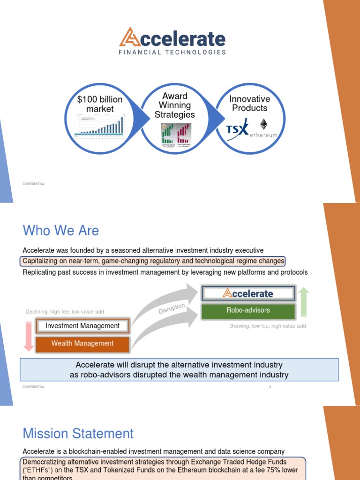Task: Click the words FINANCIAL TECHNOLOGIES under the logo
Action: point(172,52)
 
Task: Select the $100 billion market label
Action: point(100,104)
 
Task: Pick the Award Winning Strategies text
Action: point(175,105)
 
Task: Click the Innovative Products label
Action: point(250,103)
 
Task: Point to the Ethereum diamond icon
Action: point(263,125)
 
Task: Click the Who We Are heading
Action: point(61,231)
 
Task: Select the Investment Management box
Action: point(82,326)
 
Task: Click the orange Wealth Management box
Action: point(82,344)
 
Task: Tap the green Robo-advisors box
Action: point(248,310)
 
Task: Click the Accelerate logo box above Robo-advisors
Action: point(248,293)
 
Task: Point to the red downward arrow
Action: point(28,336)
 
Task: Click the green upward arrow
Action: point(303,302)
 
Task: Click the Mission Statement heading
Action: point(78,434)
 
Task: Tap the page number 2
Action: point(270,387)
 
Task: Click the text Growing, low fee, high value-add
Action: point(267,326)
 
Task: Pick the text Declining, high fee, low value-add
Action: point(65,312)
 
